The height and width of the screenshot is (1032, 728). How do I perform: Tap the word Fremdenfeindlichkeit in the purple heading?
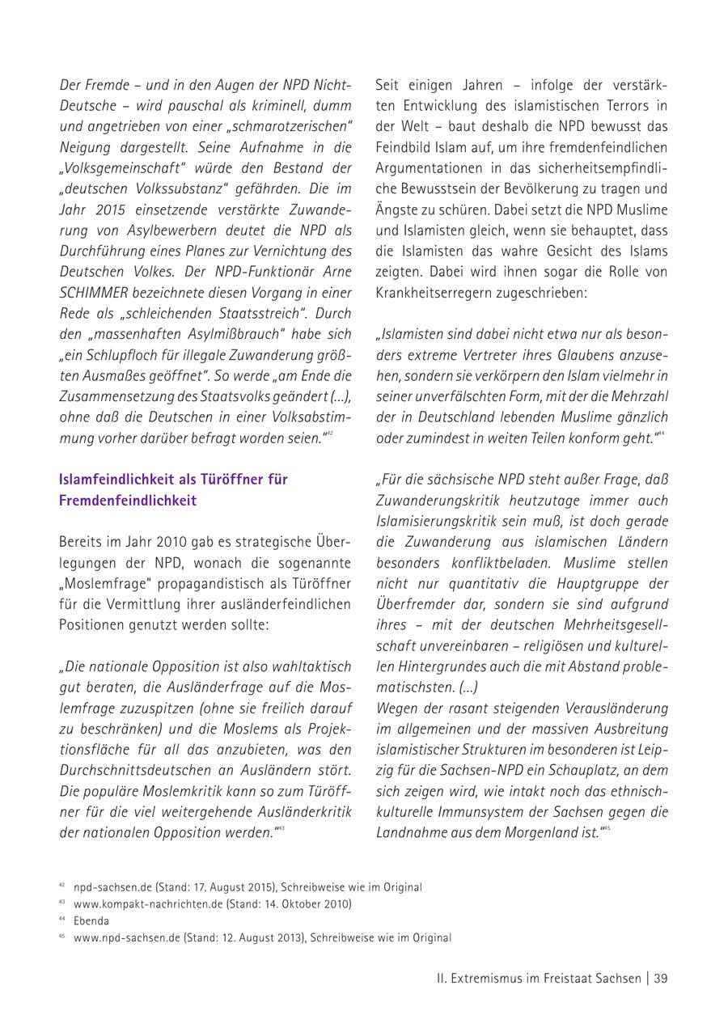128,500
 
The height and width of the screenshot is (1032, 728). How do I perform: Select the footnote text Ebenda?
91,920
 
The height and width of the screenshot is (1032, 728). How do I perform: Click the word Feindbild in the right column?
404,146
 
